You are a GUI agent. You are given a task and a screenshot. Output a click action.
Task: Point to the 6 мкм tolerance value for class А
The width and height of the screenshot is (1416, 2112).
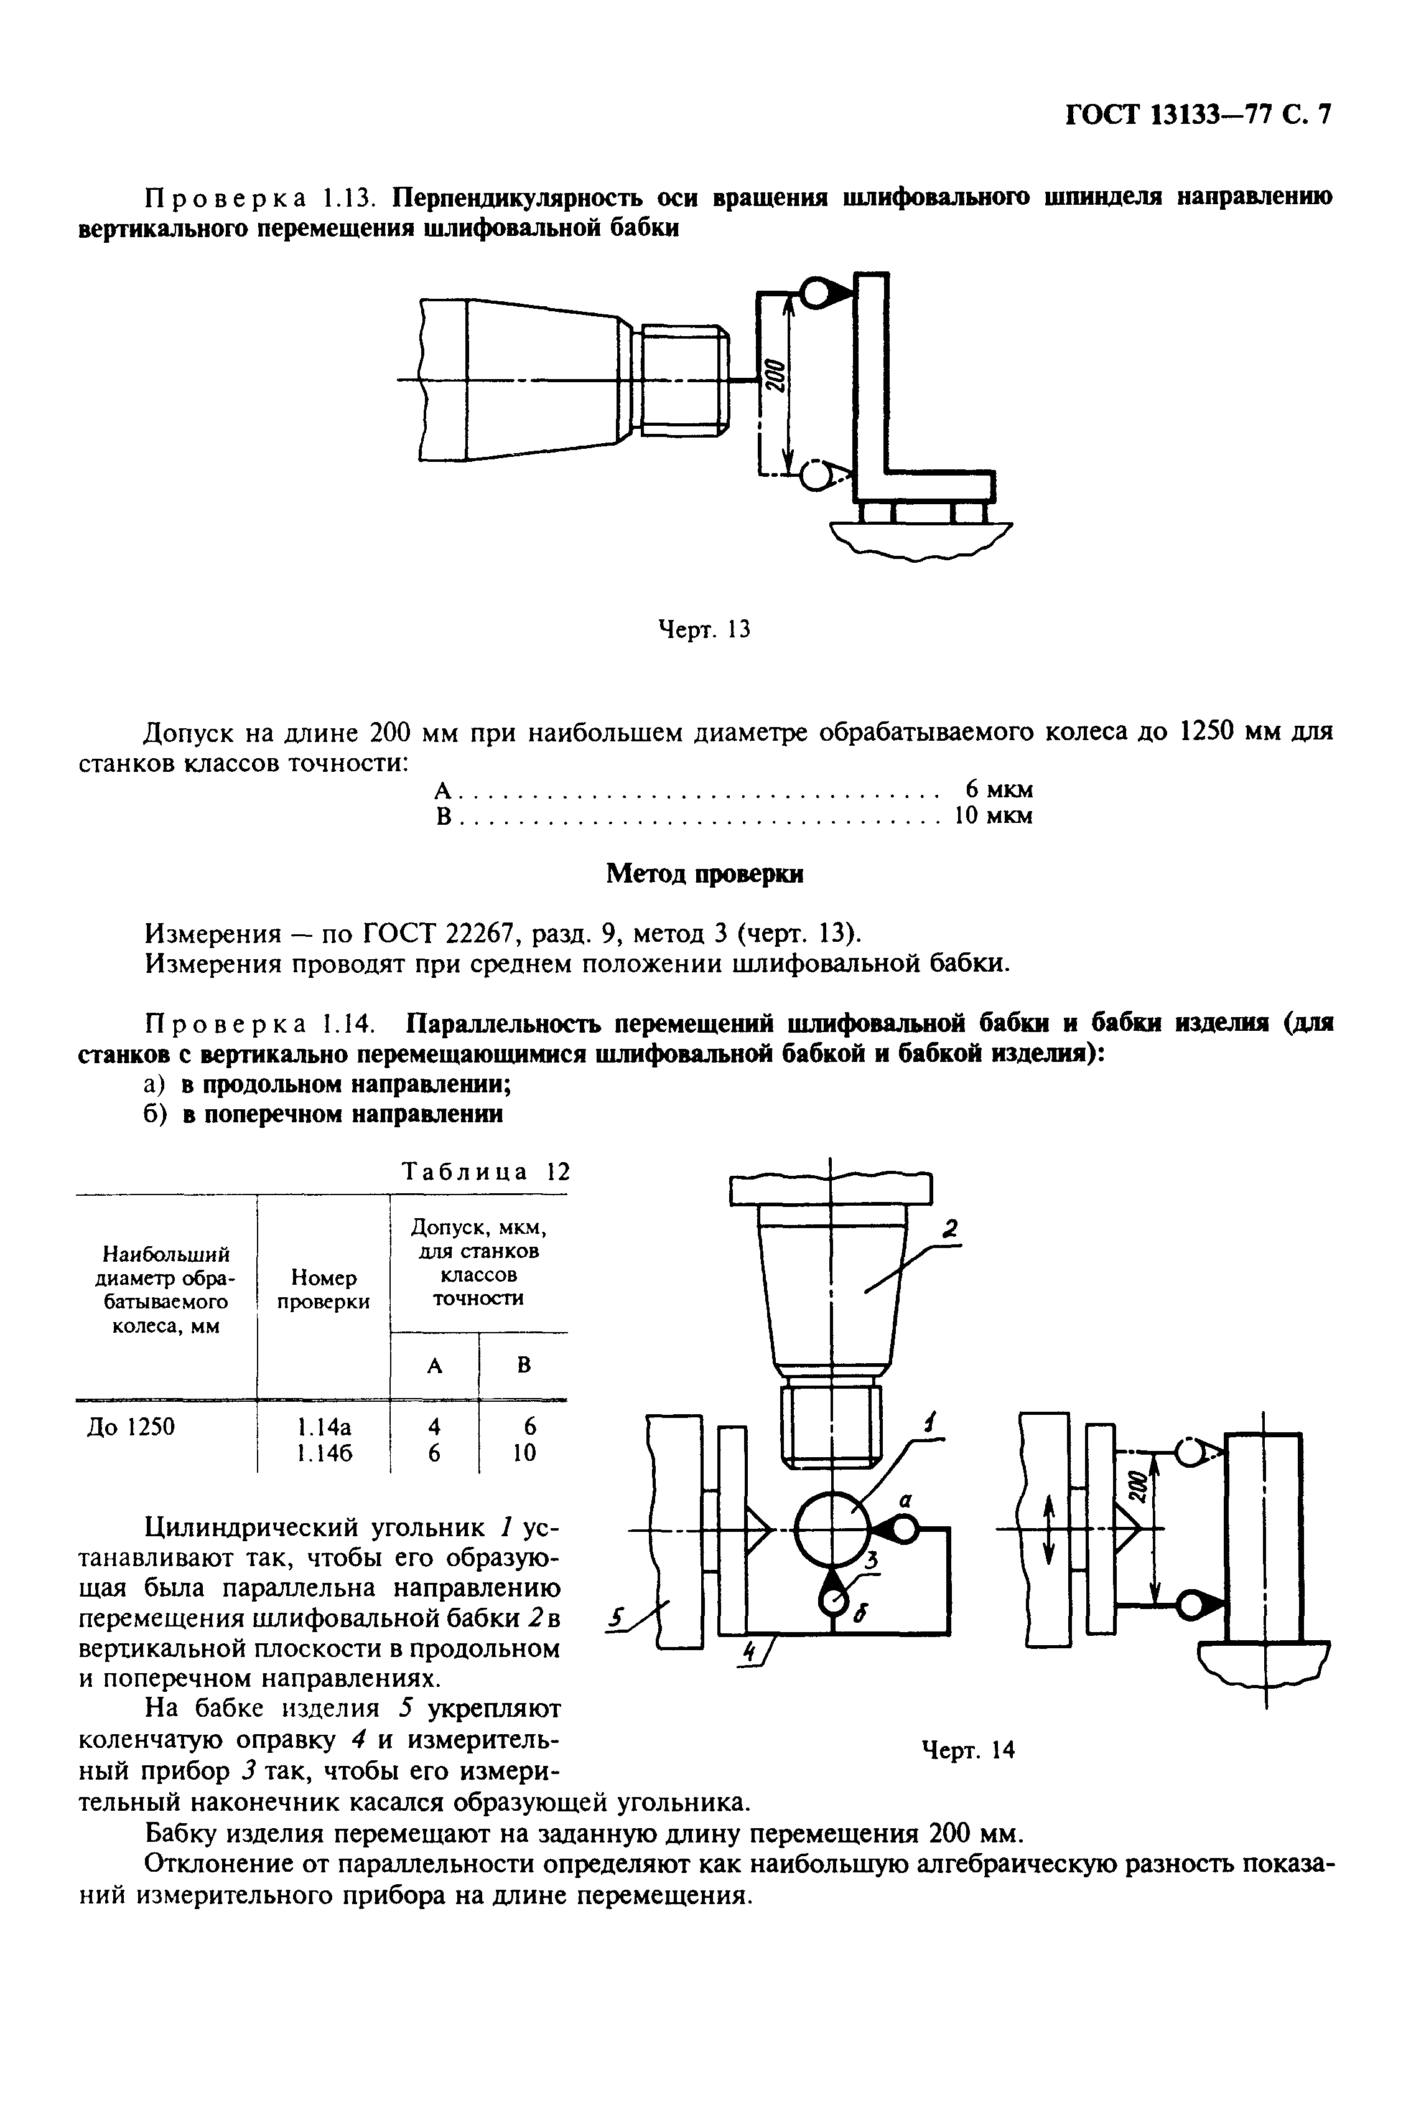[999, 789]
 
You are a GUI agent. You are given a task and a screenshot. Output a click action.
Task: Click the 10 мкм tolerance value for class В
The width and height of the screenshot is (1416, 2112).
[994, 817]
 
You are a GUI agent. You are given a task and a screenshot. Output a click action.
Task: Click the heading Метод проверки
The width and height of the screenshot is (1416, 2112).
[704, 873]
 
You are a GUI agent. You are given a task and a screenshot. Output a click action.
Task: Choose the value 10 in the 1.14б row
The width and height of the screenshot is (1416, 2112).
[524, 1453]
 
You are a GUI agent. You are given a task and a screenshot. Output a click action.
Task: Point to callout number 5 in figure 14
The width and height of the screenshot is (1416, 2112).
[616, 1620]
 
